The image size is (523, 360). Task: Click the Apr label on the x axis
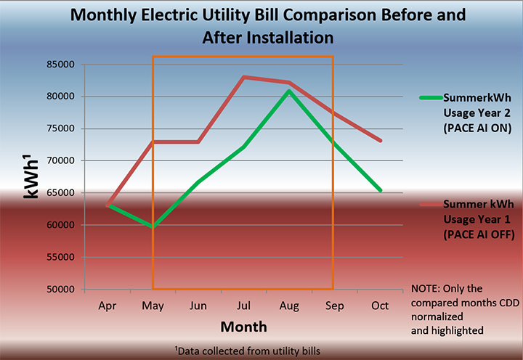coord(108,306)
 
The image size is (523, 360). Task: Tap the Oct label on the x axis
coord(378,306)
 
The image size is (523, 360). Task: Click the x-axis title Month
coord(243,327)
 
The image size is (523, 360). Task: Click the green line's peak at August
coord(288,91)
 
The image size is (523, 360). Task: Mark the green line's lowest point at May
coord(153,226)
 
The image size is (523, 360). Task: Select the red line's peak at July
coord(243,77)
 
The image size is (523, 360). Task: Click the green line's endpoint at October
coord(379,190)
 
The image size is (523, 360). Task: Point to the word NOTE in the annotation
coord(427,288)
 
